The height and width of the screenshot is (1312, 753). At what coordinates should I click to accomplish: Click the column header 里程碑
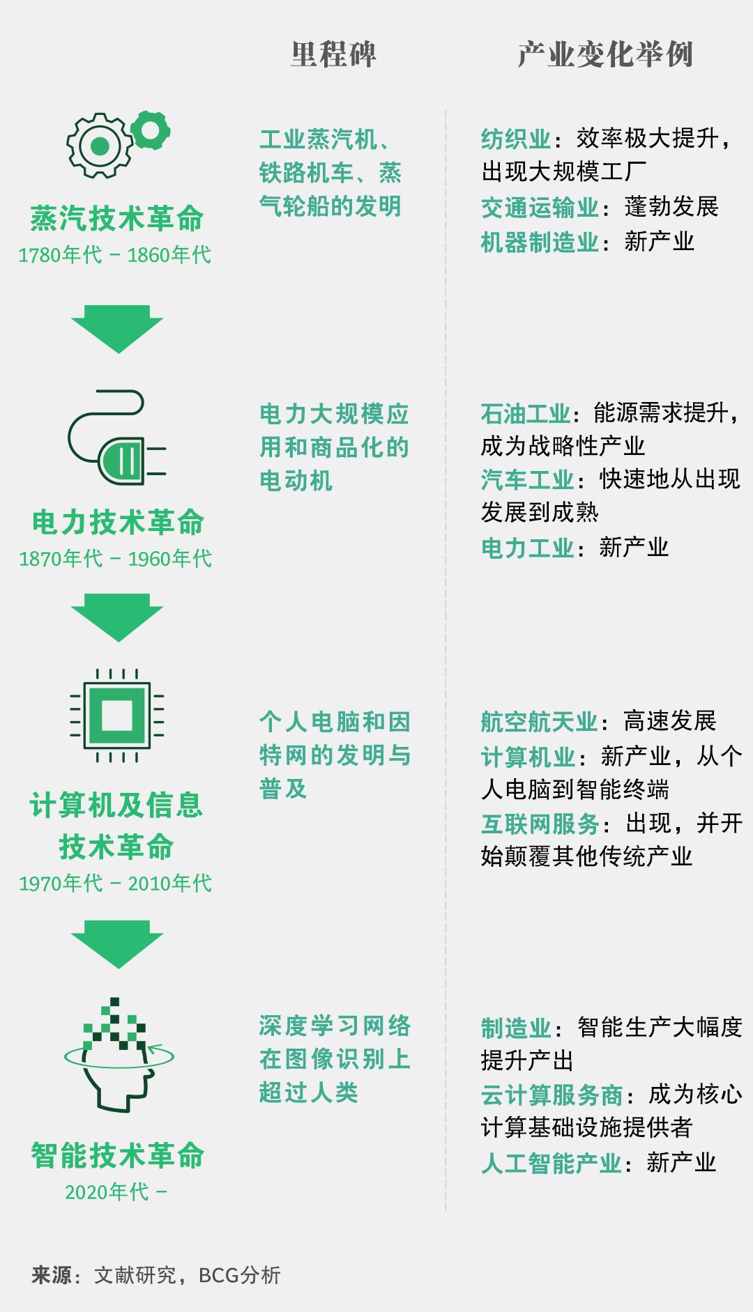333,54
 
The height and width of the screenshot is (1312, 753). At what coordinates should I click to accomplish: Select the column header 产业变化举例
604,54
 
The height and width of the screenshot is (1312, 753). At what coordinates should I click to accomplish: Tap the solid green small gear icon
151,130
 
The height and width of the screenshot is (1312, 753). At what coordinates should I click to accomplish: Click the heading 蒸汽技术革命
116,218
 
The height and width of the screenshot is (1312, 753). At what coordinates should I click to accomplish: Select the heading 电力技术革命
118,523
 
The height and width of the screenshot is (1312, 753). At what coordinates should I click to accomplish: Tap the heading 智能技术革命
117,1155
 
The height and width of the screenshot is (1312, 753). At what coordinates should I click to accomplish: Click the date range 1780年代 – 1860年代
114,255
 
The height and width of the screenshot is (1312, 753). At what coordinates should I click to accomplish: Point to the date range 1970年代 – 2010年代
115,883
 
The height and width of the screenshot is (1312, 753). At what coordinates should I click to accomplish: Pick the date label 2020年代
107,1192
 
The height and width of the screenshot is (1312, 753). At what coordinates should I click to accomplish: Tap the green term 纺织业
516,139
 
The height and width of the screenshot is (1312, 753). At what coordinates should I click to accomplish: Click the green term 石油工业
526,414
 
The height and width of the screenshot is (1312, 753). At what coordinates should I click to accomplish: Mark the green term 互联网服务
540,824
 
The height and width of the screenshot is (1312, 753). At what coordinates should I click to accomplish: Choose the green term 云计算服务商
552,1095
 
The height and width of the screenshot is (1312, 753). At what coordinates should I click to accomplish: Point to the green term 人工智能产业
551,1163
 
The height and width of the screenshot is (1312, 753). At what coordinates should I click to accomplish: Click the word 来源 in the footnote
52,1275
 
